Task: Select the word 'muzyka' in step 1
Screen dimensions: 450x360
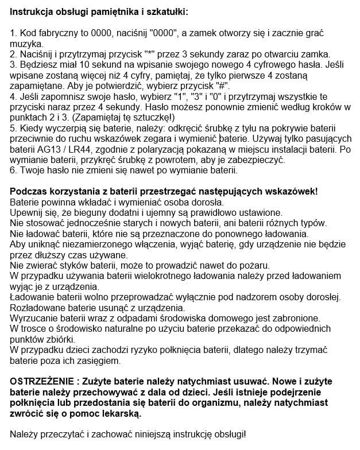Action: pos(27,44)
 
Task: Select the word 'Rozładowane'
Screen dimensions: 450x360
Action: pos(41,307)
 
